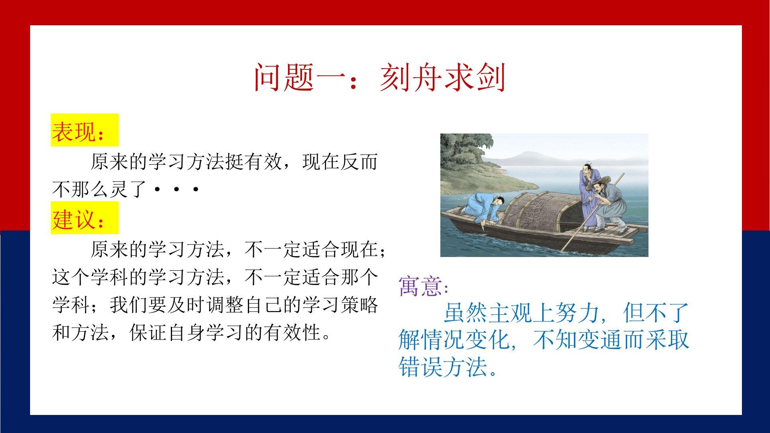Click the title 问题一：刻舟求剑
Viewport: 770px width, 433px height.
pos(379,77)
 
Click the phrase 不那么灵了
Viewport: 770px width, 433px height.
pos(99,190)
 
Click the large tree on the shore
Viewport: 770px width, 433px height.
pos(465,152)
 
